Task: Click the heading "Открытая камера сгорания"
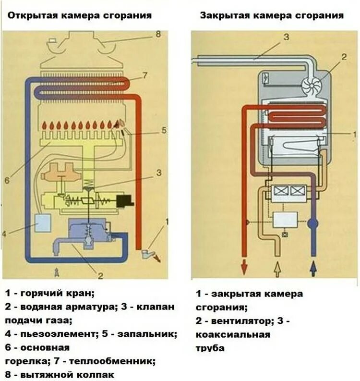[79, 15]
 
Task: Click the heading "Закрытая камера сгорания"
[272, 15]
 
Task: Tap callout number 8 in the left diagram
[157, 34]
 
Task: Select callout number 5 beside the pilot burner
[163, 130]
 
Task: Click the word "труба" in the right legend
[210, 348]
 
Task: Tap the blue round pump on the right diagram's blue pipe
[313, 223]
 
